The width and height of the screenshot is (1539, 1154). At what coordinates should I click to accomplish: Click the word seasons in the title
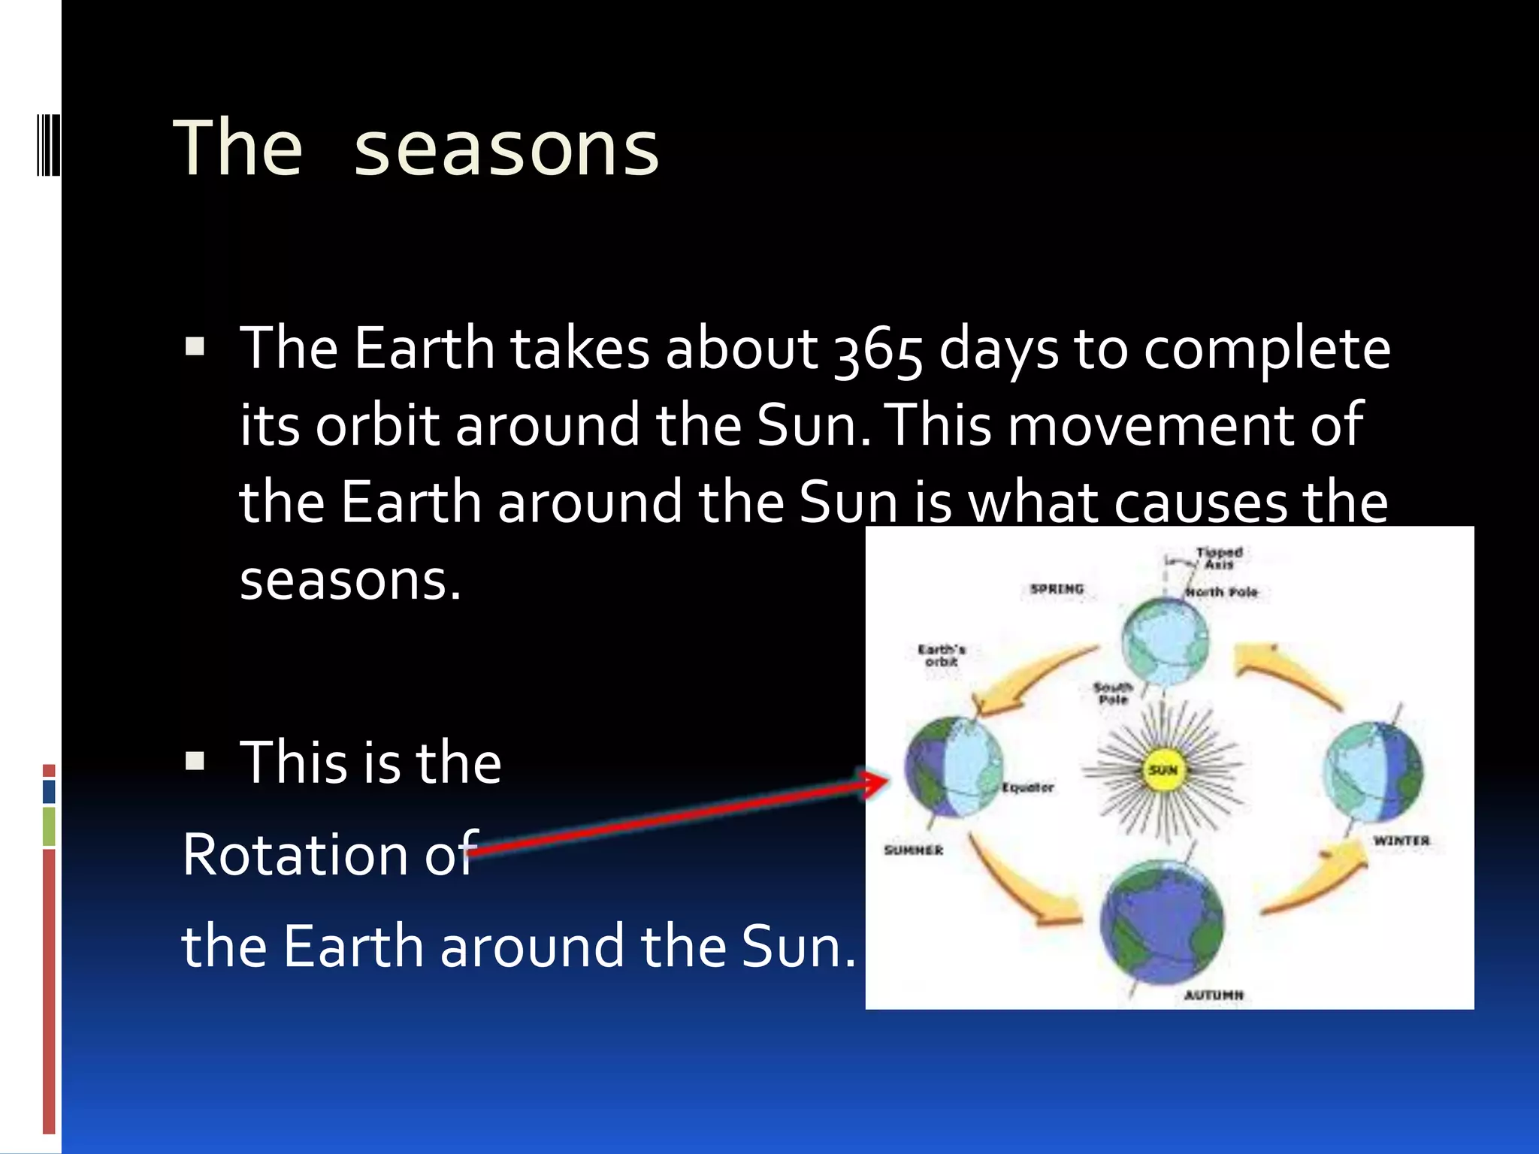click(x=506, y=150)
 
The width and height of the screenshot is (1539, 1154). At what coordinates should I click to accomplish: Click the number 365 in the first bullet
click(x=878, y=351)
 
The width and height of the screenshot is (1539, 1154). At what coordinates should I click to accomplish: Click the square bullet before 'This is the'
click(x=195, y=762)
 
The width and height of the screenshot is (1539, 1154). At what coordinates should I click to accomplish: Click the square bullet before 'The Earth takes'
click(x=195, y=346)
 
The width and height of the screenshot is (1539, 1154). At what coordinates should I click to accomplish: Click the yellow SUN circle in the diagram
click(x=1163, y=770)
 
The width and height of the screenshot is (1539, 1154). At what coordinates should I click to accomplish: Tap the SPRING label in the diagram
click(x=1057, y=589)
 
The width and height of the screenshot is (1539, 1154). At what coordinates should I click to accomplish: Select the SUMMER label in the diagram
click(x=913, y=850)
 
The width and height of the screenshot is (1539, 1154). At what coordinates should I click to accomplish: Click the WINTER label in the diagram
click(x=1401, y=841)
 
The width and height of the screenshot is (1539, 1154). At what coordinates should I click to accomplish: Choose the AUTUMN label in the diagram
click(x=1214, y=995)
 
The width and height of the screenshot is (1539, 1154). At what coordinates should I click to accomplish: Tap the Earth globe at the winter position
click(x=1372, y=772)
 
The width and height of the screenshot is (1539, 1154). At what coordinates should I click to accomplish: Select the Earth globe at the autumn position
click(x=1161, y=924)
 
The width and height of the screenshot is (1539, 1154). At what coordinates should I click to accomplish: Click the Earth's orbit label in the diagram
click(x=941, y=655)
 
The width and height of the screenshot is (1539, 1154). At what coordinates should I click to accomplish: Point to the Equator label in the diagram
click(x=1027, y=787)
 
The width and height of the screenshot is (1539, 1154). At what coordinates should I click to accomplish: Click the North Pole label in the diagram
click(x=1221, y=592)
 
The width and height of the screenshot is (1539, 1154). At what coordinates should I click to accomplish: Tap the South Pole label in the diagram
click(x=1113, y=693)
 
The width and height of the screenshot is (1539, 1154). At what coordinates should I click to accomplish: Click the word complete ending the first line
click(x=1267, y=351)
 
